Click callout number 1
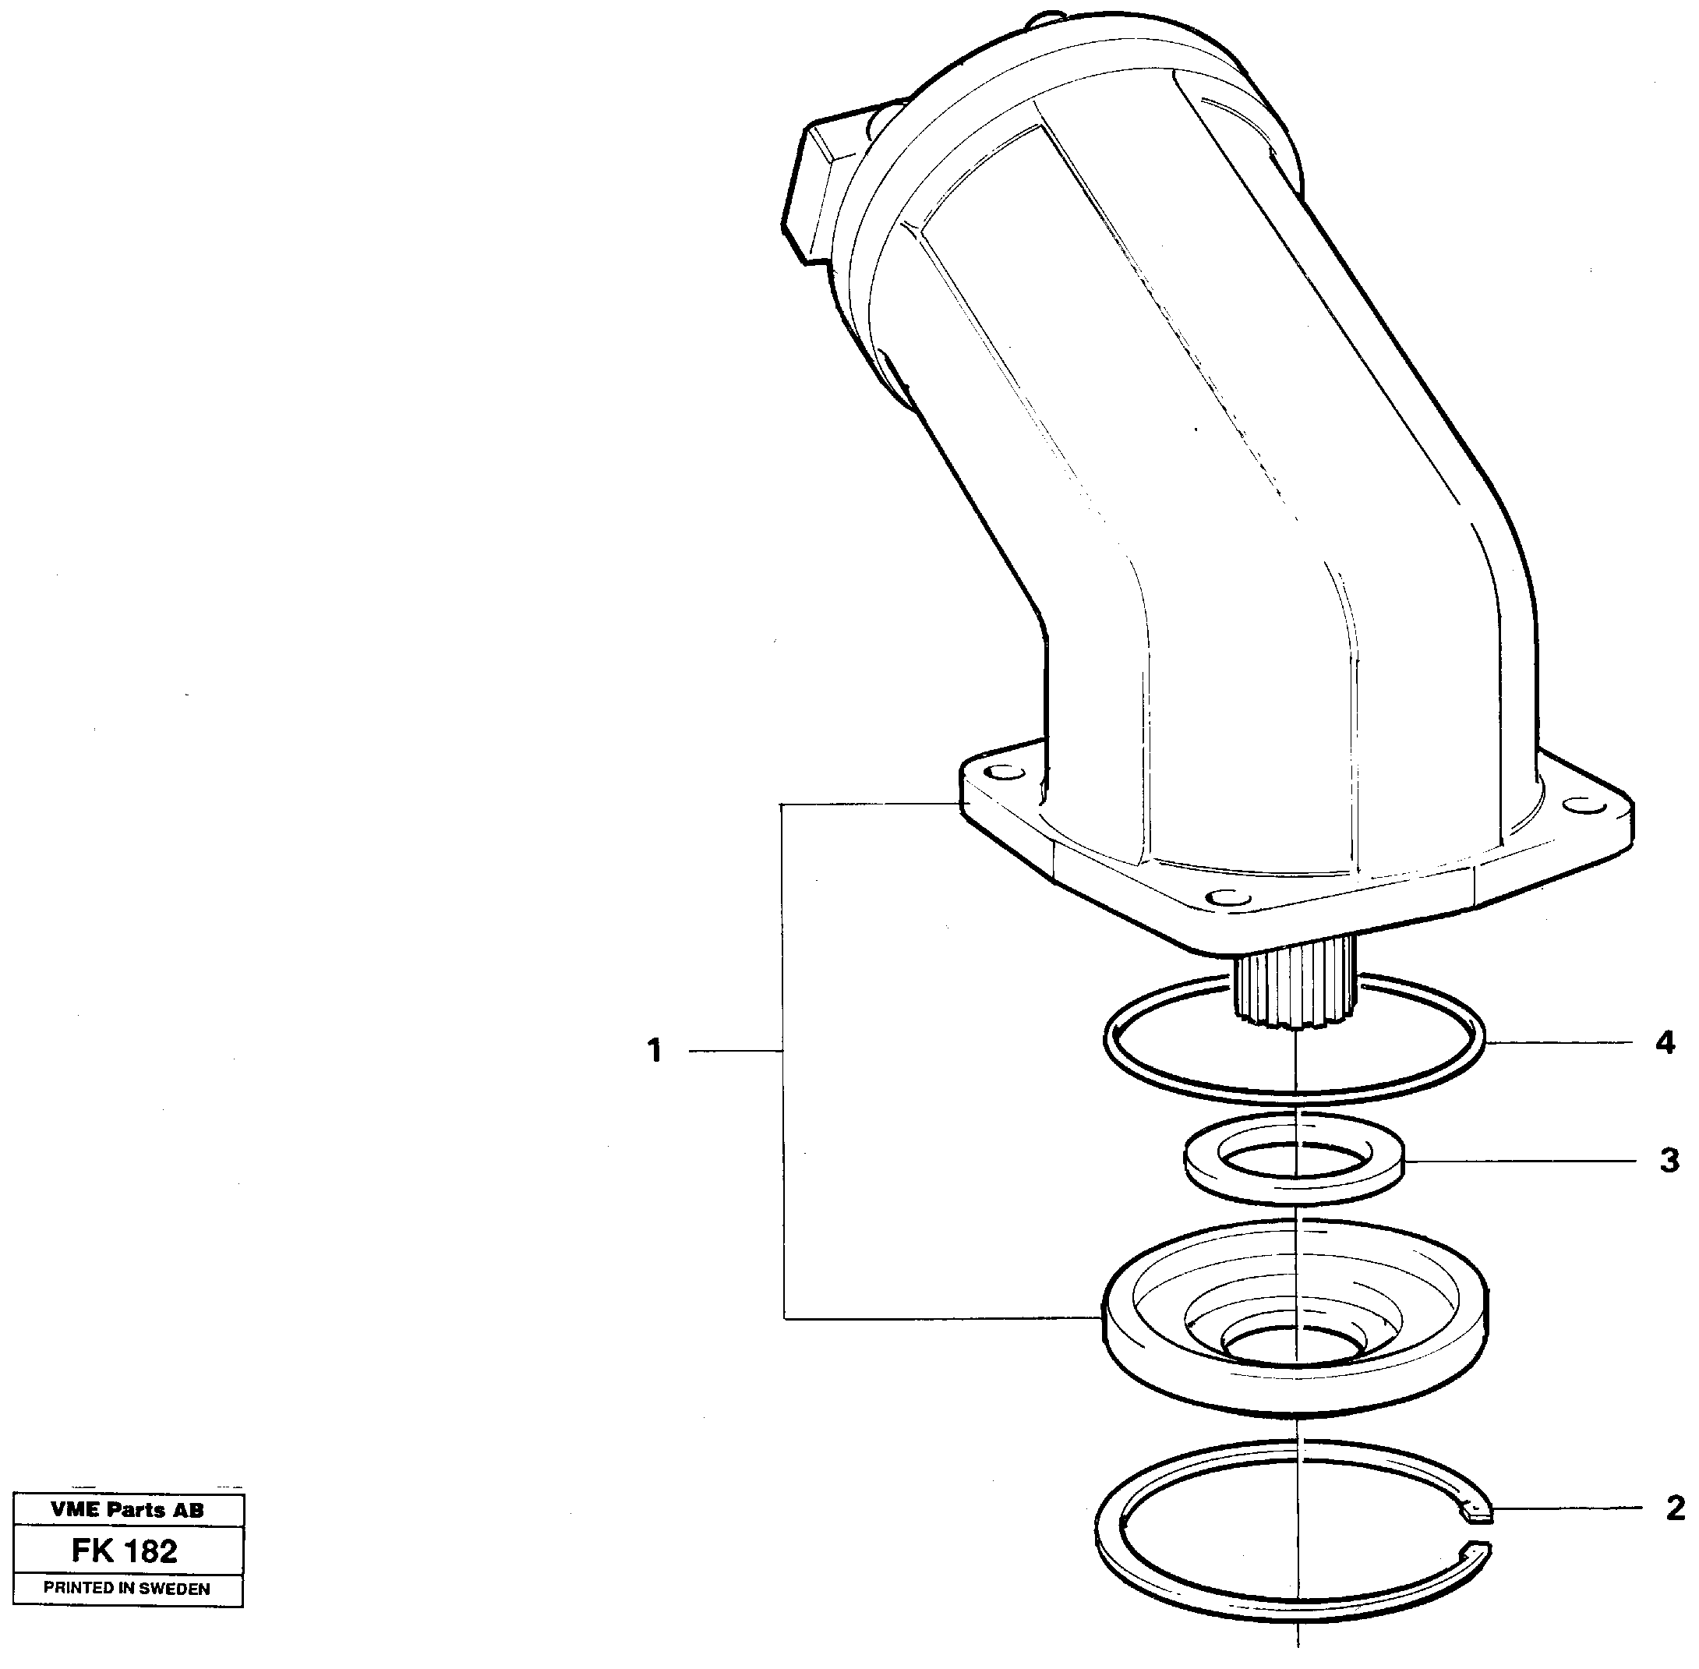click(655, 1050)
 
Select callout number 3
click(1669, 1161)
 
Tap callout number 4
click(1665, 1043)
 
